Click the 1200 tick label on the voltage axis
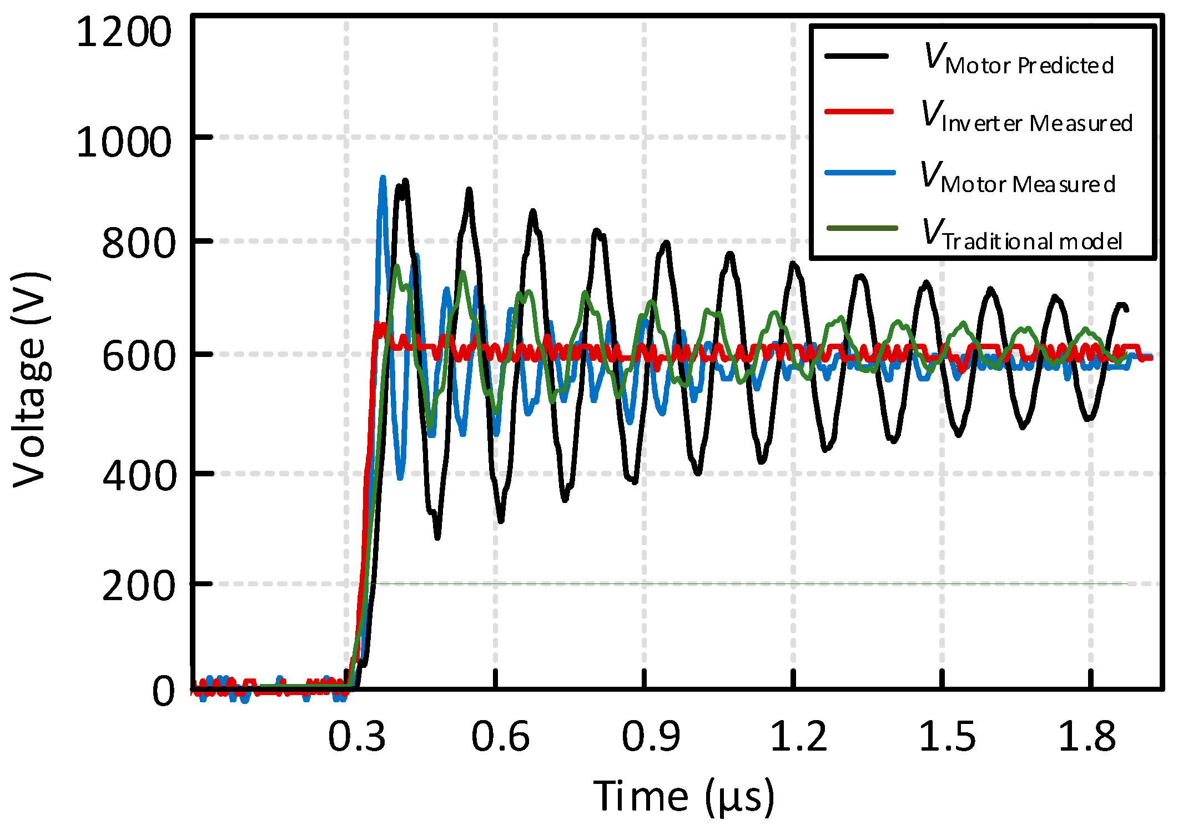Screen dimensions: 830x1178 pos(124,33)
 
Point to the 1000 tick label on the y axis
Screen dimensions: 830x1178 pos(124,143)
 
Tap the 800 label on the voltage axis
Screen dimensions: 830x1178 pos(138,244)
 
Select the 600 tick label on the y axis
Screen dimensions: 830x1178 pos(138,356)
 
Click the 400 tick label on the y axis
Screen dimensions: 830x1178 pos(138,476)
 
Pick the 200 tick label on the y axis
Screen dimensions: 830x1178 pos(138,587)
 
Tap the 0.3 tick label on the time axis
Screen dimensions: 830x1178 pos(356,737)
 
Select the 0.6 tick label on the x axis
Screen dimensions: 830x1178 pos(500,737)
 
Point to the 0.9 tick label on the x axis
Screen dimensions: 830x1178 pos(650,737)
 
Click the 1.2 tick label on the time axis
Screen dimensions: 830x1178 pos(798,737)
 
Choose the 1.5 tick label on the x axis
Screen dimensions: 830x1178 pos(947,737)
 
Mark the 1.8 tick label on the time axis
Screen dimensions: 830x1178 pos(1086,737)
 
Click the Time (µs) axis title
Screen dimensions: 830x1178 pos(683,797)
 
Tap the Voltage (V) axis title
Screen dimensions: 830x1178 pos(31,380)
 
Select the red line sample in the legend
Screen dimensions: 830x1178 pos(859,112)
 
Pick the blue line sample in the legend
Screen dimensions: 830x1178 pos(860,173)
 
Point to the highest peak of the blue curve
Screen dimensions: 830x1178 pos(382,179)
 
